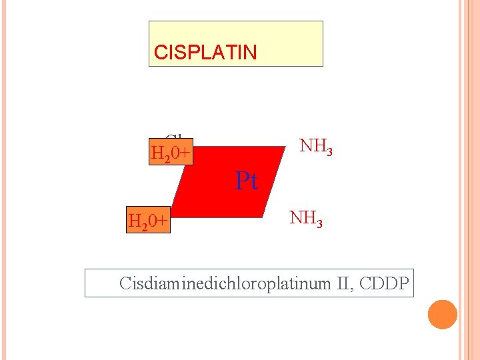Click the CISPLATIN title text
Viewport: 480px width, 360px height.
205,53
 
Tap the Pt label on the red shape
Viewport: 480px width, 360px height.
246,181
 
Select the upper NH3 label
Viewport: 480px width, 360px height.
315,146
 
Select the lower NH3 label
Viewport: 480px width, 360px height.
306,218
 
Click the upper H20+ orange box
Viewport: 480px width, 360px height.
171,154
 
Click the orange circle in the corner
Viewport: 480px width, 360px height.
442,315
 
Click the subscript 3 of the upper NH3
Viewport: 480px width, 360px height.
329,151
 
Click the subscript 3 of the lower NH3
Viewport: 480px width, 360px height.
319,223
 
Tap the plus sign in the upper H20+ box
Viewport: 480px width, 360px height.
185,155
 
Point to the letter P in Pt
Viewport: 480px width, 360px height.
242,181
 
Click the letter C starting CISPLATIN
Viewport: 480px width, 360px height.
159,53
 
